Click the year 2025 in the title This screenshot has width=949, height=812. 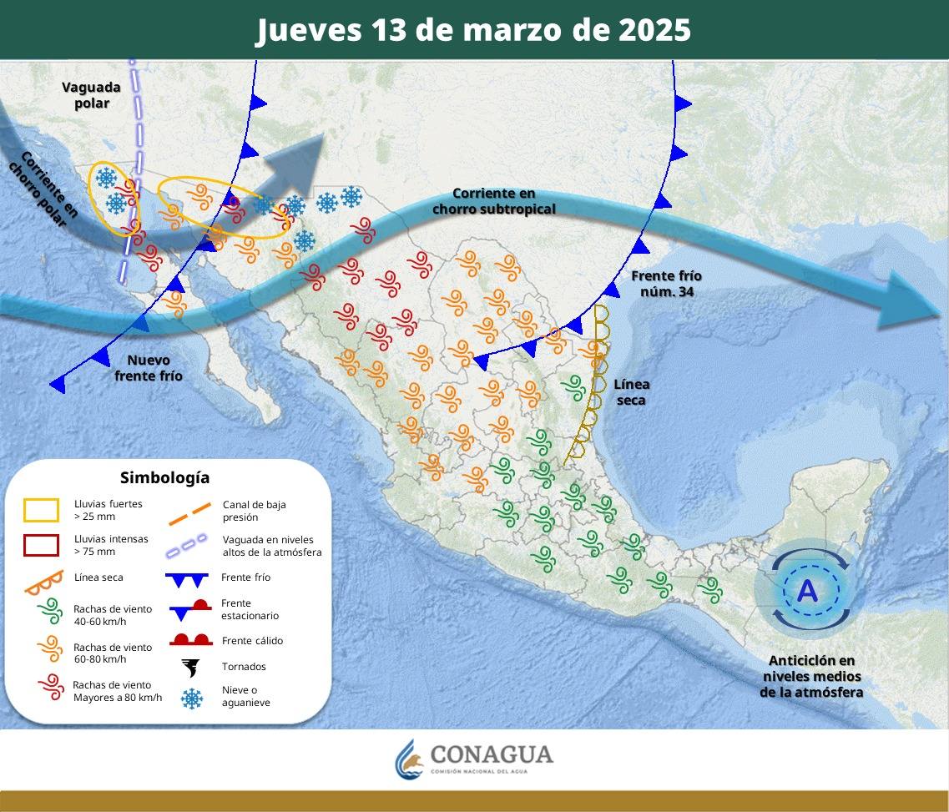coord(655,31)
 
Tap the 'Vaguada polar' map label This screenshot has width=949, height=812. coord(91,95)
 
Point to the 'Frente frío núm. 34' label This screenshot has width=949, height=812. coord(666,284)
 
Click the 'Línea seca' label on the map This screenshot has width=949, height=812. coord(631,392)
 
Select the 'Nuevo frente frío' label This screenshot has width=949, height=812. coord(148,368)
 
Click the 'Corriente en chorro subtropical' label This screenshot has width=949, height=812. coord(493,201)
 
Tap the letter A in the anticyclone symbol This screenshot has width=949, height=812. coord(807,591)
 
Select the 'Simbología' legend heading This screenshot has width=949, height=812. coord(164,477)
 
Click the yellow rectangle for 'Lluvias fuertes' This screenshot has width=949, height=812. coord(42,510)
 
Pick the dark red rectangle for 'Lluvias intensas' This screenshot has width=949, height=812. coord(42,545)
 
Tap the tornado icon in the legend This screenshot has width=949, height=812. coord(191,667)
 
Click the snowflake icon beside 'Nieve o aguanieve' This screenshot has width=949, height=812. coord(192,698)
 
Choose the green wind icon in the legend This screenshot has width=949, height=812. coord(50,611)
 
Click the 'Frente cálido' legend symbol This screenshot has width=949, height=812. coord(191,640)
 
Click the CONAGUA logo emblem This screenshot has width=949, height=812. coord(409,758)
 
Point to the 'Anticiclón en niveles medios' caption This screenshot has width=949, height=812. coord(811,676)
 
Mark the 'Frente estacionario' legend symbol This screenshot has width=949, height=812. coord(191,609)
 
